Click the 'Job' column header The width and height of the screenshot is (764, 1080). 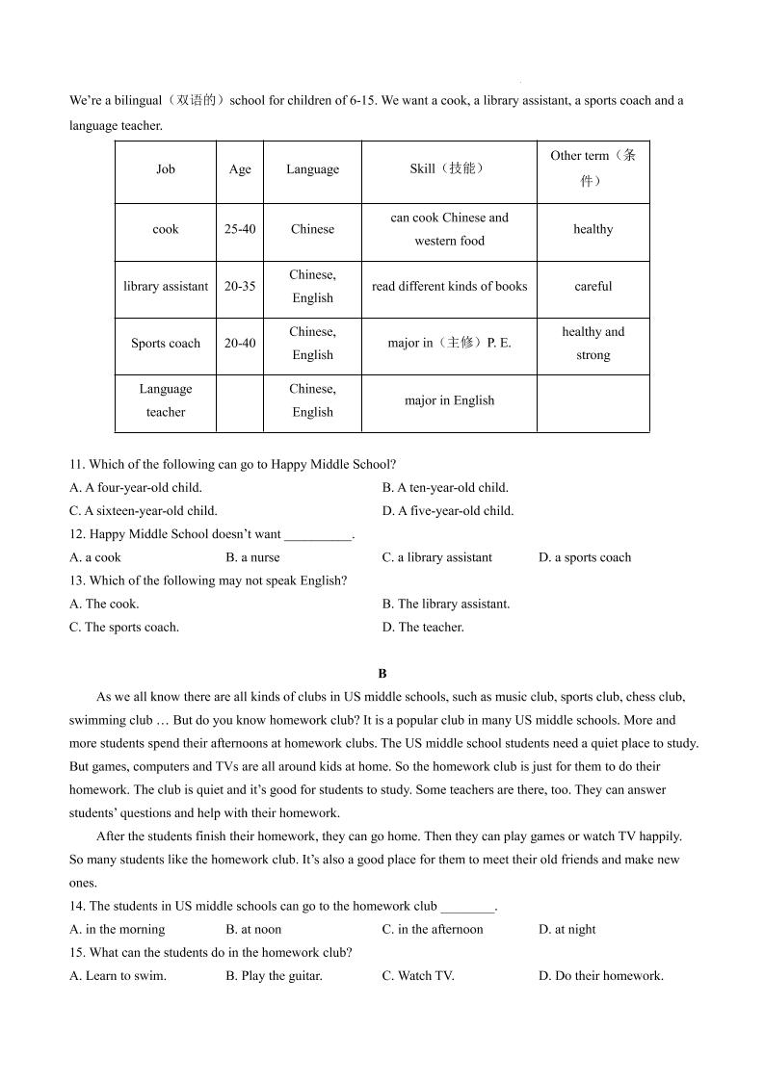click(x=166, y=169)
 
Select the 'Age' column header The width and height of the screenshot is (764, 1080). click(x=240, y=169)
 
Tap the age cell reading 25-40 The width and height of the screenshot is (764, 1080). click(x=240, y=229)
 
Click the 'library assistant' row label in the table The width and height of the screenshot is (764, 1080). click(x=166, y=286)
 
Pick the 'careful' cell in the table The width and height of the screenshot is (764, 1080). click(x=593, y=286)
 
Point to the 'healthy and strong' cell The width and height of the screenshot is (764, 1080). click(x=593, y=344)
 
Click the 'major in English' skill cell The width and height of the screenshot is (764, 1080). click(x=449, y=400)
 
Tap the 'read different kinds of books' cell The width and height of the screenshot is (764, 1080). click(x=449, y=286)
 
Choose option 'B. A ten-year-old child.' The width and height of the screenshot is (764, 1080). click(x=445, y=487)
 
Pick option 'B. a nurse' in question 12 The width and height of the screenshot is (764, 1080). click(x=252, y=557)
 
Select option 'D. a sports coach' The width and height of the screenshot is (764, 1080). click(x=585, y=557)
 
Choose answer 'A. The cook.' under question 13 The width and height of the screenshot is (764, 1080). click(x=105, y=604)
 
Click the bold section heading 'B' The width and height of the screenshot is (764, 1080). click(x=382, y=674)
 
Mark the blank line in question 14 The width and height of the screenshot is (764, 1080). click(x=467, y=907)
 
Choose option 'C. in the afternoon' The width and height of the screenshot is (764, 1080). click(x=433, y=929)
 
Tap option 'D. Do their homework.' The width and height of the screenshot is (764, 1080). click(x=601, y=975)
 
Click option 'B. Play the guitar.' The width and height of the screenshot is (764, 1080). click(x=274, y=975)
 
